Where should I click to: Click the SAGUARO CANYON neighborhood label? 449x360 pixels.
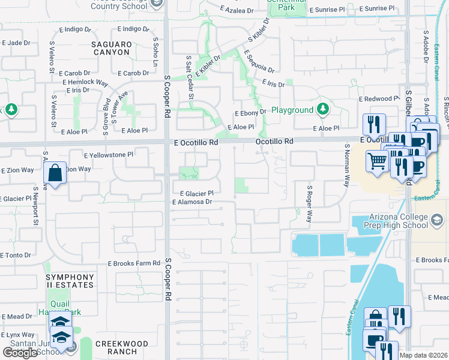pos(110,48)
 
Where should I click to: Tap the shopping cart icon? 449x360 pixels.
pos(376,161)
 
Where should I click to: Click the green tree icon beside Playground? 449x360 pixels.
pos(323,109)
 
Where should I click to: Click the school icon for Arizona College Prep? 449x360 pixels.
pos(438,222)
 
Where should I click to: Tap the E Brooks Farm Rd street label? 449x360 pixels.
pos(134,263)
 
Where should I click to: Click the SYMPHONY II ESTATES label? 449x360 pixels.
pos(70,280)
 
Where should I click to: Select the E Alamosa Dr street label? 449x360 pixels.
pos(192,203)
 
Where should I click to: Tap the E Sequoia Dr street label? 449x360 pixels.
pos(259,62)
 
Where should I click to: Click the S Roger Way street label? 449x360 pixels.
pos(310,204)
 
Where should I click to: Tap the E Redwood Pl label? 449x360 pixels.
pos(379,98)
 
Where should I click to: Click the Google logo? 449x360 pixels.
pos(20,353)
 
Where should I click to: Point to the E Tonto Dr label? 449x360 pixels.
pos(16,256)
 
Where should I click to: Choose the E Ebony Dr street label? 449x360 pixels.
pos(250,113)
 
